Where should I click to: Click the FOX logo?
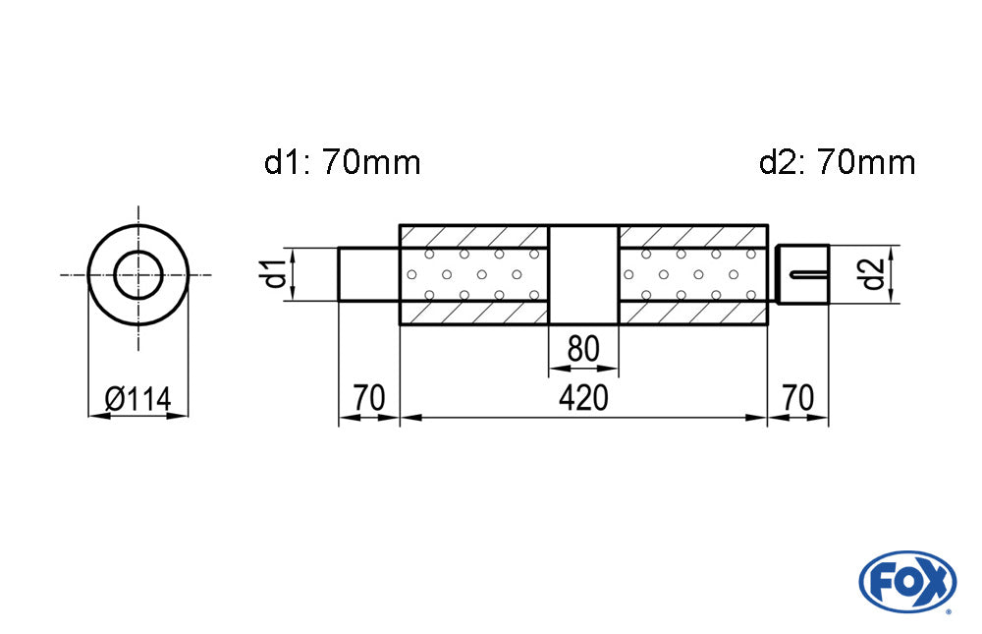[x=906, y=581]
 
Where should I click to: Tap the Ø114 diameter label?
[x=137, y=399]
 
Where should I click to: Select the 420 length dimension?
[x=584, y=398]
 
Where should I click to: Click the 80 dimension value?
[x=583, y=349]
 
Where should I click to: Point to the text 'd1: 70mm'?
[x=342, y=162]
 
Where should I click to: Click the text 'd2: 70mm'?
[x=837, y=162]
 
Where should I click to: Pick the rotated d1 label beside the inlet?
[x=278, y=273]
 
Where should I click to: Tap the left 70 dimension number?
[x=368, y=398]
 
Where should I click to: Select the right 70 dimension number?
[x=798, y=398]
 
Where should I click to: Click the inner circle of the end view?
[x=138, y=274]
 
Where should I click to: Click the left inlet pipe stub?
[x=369, y=273]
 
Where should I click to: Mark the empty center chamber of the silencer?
[x=583, y=274]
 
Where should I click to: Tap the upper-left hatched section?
[x=473, y=236]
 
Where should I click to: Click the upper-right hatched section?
[x=693, y=236]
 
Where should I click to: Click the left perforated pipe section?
[x=473, y=274]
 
